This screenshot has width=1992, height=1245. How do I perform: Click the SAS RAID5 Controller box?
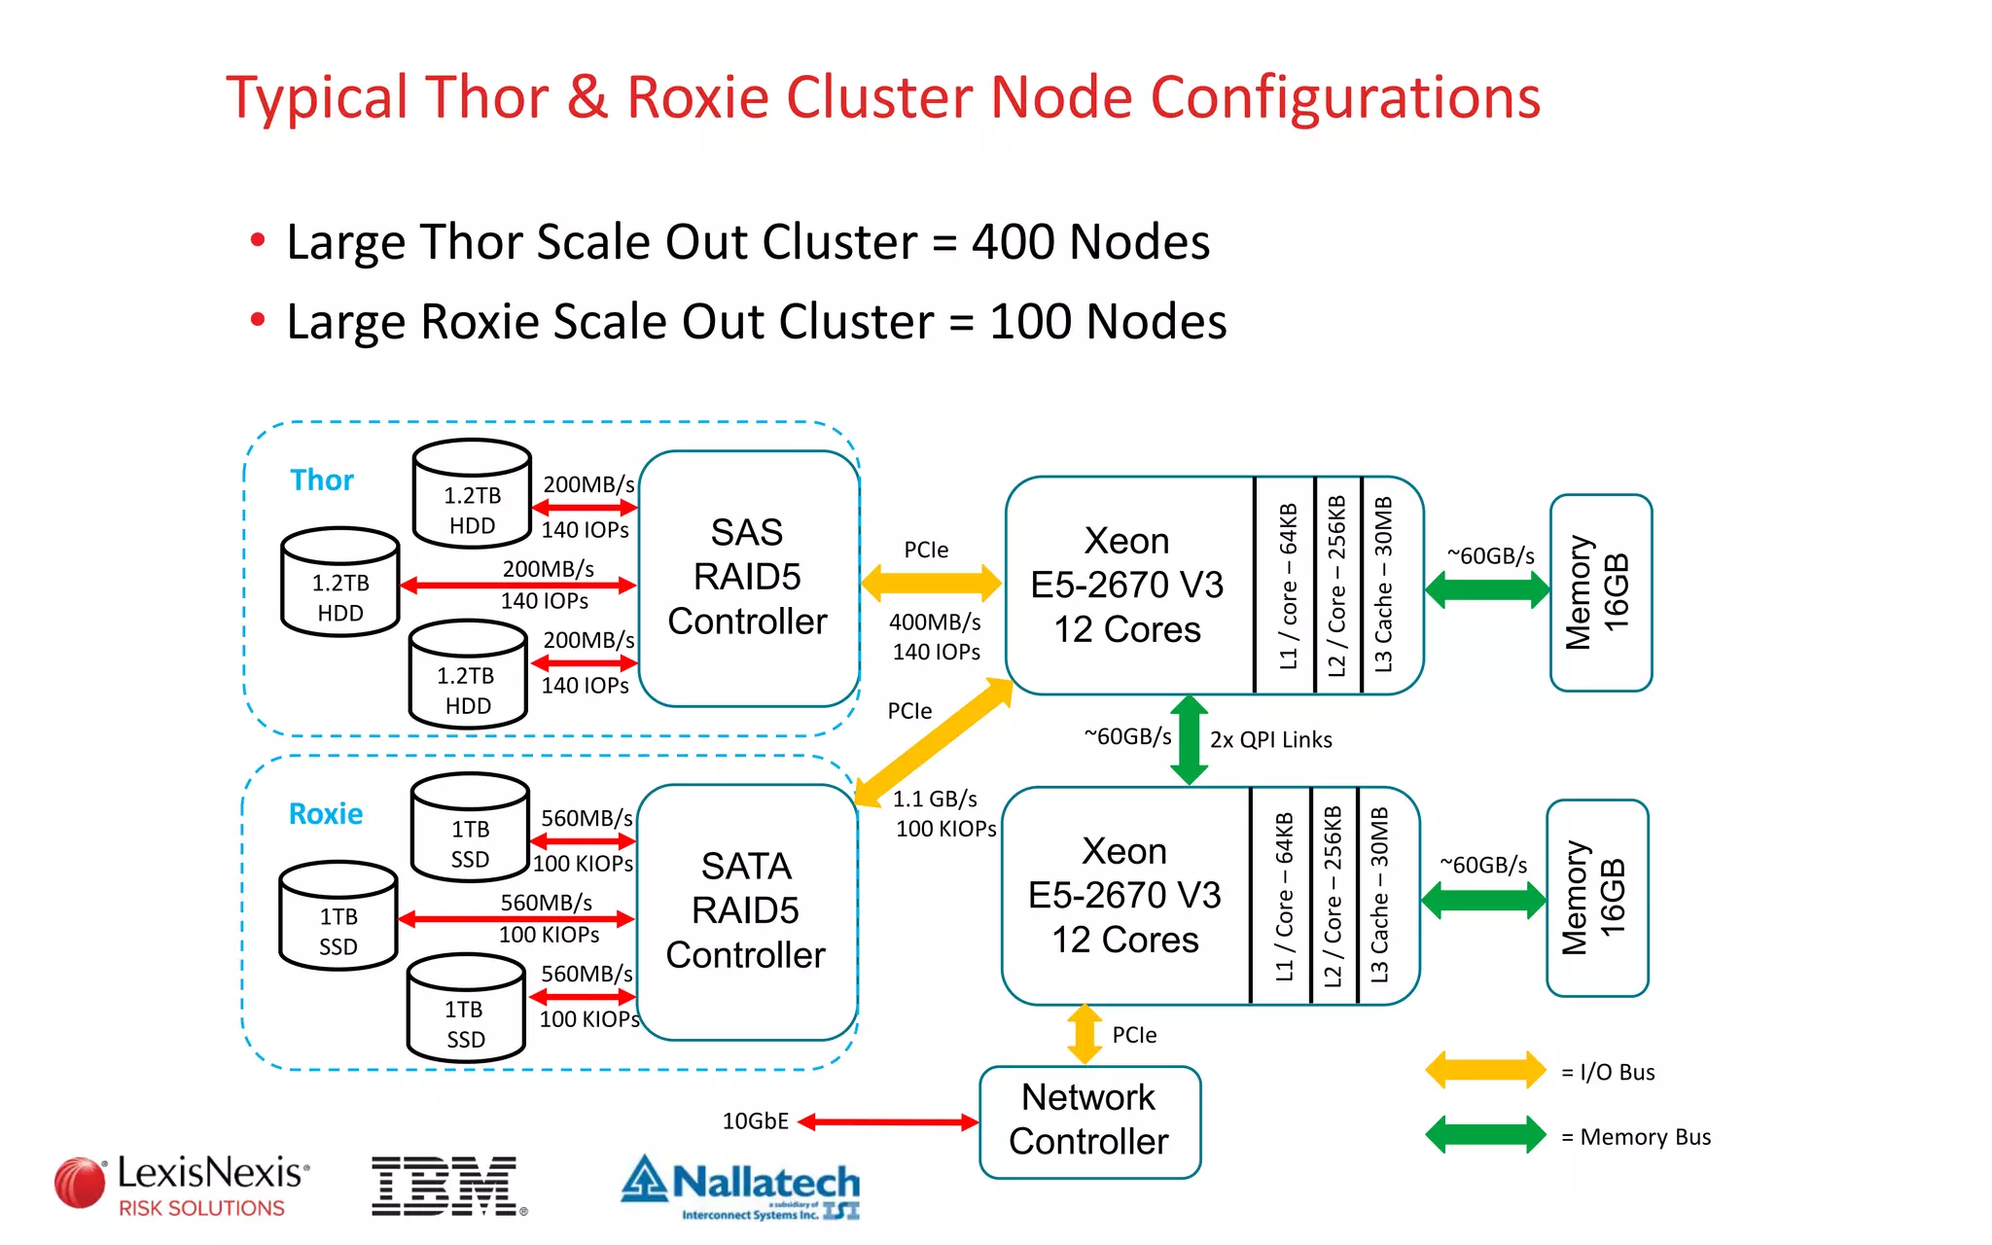click(747, 578)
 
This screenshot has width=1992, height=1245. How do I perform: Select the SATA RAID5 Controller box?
click(745, 911)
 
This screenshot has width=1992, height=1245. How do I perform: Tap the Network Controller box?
click(1089, 1120)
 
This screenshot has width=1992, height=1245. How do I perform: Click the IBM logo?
click(446, 1186)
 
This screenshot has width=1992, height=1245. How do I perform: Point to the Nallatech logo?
click(741, 1187)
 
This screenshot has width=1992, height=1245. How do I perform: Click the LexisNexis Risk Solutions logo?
click(183, 1186)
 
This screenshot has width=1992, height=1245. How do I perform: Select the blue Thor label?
click(322, 480)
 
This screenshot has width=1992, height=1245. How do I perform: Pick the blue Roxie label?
click(326, 814)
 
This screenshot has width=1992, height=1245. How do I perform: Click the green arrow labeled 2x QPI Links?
click(1189, 740)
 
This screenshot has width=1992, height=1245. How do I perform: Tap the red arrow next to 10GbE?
click(887, 1122)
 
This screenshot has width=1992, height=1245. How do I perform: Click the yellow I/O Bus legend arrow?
click(1485, 1071)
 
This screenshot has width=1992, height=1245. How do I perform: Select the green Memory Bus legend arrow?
click(1485, 1135)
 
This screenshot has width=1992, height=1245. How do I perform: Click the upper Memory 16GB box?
click(1600, 592)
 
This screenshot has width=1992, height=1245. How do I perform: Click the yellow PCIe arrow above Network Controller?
click(1085, 1034)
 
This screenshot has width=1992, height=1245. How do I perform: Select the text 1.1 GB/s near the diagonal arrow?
click(935, 800)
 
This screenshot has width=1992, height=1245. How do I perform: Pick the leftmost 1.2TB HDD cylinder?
click(340, 584)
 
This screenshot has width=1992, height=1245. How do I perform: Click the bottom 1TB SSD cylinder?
click(466, 1009)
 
